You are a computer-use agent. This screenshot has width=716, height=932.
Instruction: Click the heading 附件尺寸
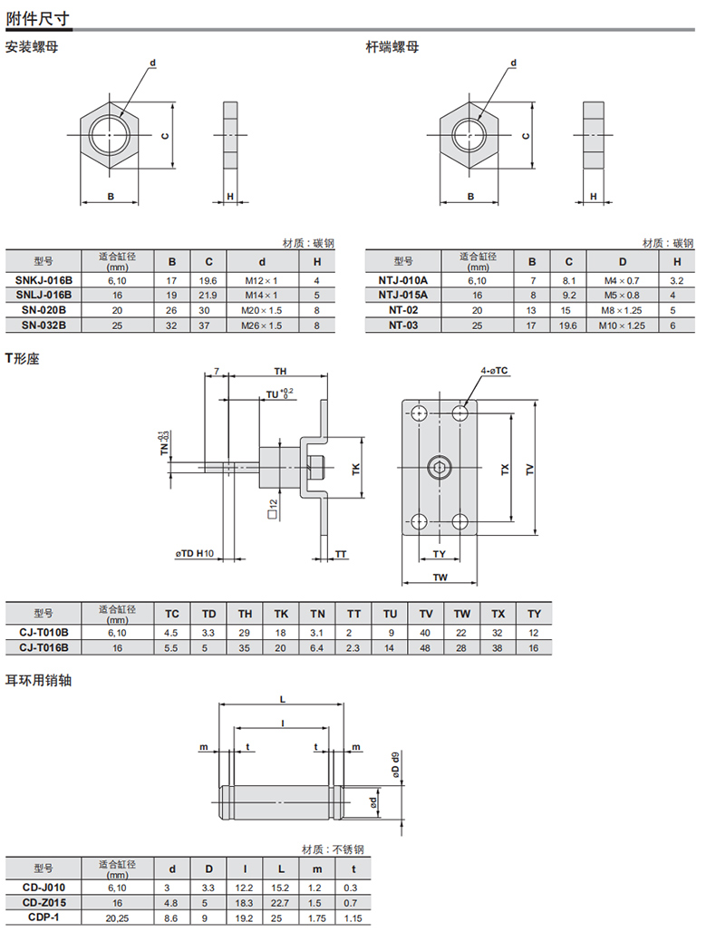pos(37,19)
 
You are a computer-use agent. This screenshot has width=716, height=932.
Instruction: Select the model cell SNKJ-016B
pos(44,280)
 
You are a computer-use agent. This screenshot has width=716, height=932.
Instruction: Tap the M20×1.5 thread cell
pos(261,310)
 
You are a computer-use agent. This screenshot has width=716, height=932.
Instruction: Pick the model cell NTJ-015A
pos(402,295)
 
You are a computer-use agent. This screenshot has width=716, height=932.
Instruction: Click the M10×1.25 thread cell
pos(622,325)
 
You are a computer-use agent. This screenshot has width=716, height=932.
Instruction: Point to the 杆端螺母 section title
pos(392,47)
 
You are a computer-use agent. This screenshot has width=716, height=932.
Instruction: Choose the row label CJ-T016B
pos(44,647)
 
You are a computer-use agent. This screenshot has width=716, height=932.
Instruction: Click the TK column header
pos(281,614)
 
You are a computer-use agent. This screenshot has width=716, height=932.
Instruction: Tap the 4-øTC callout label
pos(494,371)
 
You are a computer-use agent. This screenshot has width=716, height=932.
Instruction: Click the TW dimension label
pos(440,578)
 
